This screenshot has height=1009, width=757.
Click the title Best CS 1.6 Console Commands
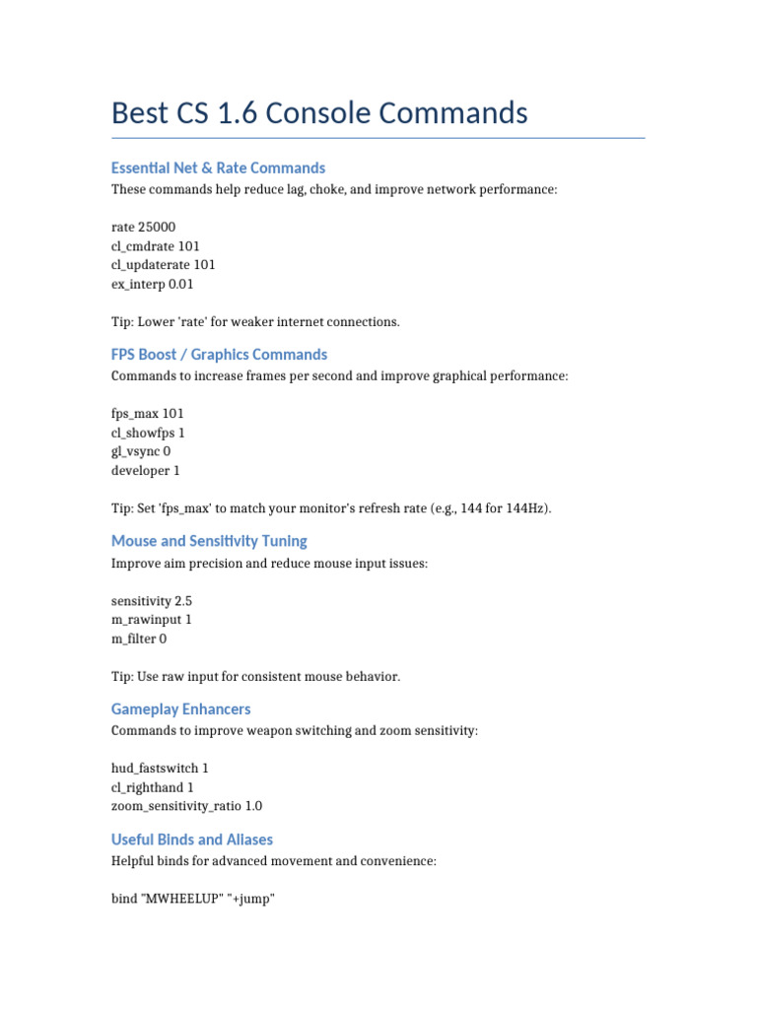[319, 113]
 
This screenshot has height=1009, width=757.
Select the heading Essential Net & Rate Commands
[218, 168]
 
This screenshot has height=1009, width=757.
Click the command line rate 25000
[144, 227]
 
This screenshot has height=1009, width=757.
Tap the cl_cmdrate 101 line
[156, 246]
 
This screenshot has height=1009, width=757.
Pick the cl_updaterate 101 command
[163, 265]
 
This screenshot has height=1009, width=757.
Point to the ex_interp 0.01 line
[153, 285]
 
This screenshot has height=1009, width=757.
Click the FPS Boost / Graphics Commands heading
[219, 355]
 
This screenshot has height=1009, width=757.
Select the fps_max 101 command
[148, 414]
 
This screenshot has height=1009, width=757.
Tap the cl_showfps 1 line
[148, 433]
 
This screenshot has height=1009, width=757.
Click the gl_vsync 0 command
[141, 452]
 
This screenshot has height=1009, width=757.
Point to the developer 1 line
[146, 471]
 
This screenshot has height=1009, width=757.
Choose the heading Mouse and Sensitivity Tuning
[209, 541]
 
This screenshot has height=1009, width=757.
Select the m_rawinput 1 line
[152, 619]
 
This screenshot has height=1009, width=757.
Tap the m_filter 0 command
[139, 639]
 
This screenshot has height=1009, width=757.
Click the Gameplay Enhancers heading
[181, 709]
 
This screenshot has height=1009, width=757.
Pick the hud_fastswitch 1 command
[160, 768]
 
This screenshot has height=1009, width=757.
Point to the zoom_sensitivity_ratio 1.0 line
[187, 806]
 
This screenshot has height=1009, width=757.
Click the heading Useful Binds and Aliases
[192, 840]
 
